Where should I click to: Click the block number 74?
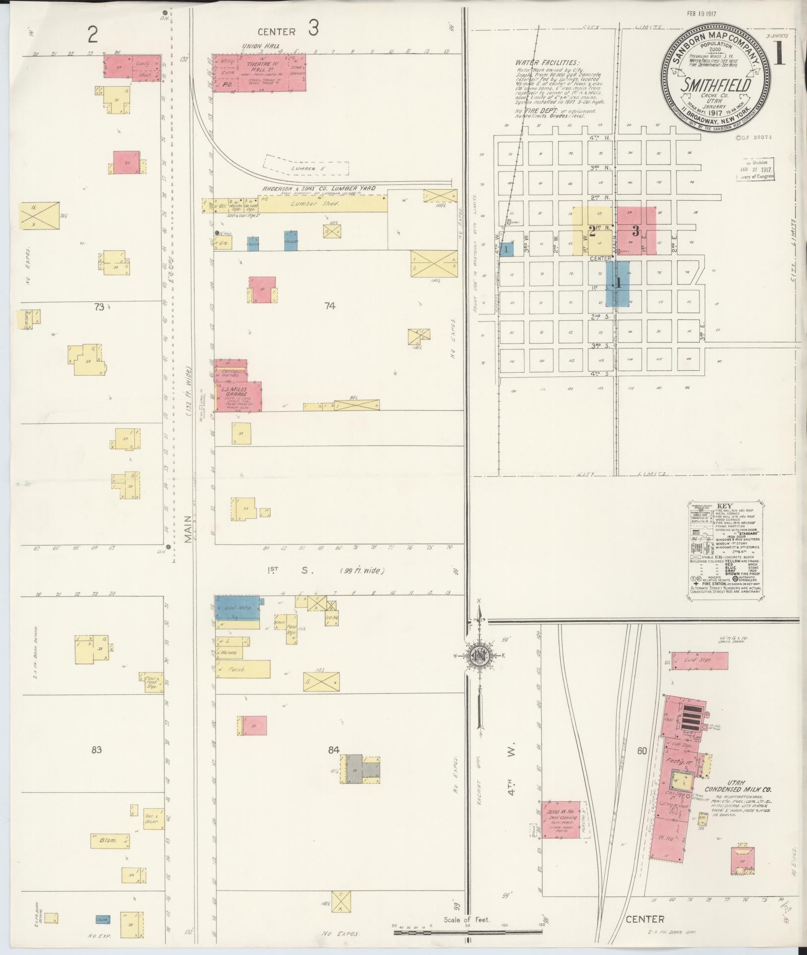(x=330, y=306)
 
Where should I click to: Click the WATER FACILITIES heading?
(x=546, y=63)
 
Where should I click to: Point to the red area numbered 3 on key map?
(x=636, y=231)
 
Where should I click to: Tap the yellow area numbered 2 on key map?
(x=592, y=231)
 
